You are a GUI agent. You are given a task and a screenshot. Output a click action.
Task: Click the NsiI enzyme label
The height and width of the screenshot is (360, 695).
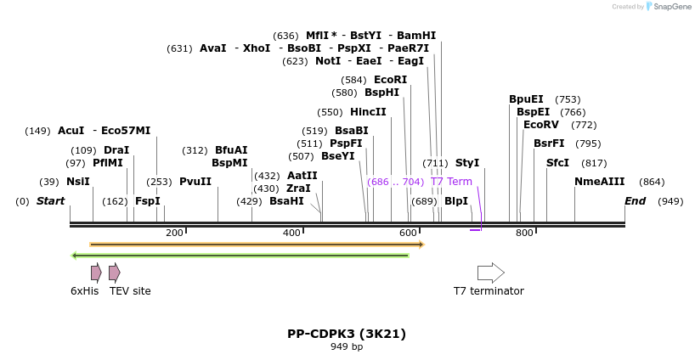tap(77, 182)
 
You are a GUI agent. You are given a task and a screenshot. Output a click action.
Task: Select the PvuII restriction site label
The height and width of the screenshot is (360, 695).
tap(195, 182)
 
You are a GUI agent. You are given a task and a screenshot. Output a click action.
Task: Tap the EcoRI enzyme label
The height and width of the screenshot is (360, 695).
tap(390, 80)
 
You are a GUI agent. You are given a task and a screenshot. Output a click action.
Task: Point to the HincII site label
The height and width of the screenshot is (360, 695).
tap(368, 112)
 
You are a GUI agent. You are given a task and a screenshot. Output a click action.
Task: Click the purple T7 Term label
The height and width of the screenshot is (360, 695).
tap(451, 182)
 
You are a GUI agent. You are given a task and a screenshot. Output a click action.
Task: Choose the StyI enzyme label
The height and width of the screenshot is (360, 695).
tap(467, 163)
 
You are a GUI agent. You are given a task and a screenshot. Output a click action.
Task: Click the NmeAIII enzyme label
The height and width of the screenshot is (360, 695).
tap(599, 182)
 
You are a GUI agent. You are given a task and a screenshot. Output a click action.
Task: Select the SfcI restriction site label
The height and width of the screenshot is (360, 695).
tap(557, 163)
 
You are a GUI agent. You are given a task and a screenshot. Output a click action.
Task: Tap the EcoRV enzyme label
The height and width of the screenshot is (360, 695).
tap(541, 125)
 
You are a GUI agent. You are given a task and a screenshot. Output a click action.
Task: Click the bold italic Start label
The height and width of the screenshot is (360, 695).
tap(50, 201)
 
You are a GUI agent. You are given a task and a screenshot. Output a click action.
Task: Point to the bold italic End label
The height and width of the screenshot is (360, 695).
tap(635, 201)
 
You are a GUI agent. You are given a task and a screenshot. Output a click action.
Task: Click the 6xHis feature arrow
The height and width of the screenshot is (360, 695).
tap(96, 273)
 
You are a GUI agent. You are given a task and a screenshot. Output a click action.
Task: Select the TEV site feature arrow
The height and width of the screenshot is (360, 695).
tap(114, 273)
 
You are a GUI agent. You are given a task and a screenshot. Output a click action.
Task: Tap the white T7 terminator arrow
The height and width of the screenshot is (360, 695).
tap(490, 273)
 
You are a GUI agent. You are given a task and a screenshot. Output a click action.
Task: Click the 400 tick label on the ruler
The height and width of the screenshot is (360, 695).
tap(291, 233)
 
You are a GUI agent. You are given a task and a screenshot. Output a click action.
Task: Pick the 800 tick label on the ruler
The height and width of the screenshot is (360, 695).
tap(524, 233)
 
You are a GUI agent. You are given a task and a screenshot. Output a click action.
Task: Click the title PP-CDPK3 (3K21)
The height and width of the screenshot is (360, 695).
tap(346, 333)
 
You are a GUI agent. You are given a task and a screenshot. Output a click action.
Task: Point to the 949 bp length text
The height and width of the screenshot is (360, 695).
tap(346, 346)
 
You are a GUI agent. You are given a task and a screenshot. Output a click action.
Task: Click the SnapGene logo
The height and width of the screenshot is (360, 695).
tap(667, 7)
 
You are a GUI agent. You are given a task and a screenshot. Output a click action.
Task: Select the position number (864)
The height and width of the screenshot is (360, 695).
tap(652, 182)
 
